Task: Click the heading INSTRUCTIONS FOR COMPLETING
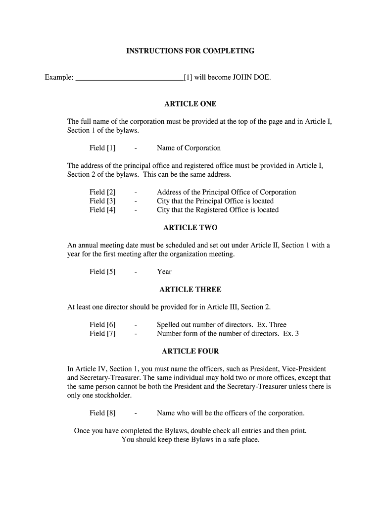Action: (x=190, y=51)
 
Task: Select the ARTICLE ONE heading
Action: (x=190, y=104)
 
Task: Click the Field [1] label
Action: (x=102, y=148)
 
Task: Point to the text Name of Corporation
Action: (x=189, y=148)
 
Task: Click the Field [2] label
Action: (x=102, y=192)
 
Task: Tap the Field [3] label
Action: (x=102, y=201)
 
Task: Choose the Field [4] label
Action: (x=102, y=210)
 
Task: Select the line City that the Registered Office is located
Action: (x=218, y=210)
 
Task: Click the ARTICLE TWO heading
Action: (x=190, y=228)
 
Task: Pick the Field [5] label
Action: (x=102, y=272)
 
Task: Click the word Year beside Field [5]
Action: (x=164, y=272)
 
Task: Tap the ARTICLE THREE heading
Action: (x=190, y=289)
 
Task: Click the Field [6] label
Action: (x=102, y=325)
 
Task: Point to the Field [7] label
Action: (x=102, y=334)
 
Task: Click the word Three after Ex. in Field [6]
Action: (x=278, y=325)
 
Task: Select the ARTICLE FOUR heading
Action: (x=190, y=351)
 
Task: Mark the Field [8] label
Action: (x=102, y=413)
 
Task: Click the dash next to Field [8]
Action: (x=136, y=413)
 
